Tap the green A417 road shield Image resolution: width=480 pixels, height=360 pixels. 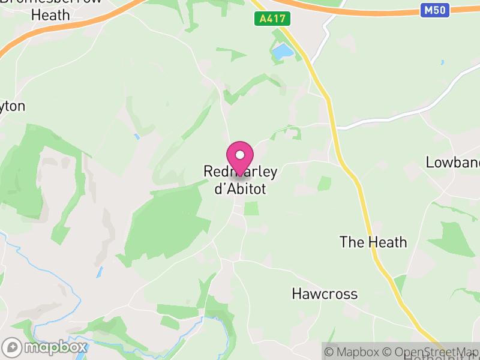pos(272,19)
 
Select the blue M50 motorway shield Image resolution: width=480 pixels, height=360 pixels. pos(435,10)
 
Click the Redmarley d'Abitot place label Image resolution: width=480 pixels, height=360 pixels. pos(240,180)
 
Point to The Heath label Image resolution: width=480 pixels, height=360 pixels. pos(373,242)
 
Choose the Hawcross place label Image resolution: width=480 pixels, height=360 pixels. pos(325,294)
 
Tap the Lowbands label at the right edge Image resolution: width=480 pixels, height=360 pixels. pos(452,162)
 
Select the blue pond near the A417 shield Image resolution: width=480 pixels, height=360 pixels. pos(282,52)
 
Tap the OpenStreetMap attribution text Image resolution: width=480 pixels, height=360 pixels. pos(431,352)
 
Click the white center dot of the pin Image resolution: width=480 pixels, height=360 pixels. pos(240,155)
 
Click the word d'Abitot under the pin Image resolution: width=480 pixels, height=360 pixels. pos(240,188)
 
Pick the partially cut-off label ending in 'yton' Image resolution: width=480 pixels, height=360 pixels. pos(13,107)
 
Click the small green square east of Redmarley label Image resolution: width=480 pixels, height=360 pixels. pos(324,183)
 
